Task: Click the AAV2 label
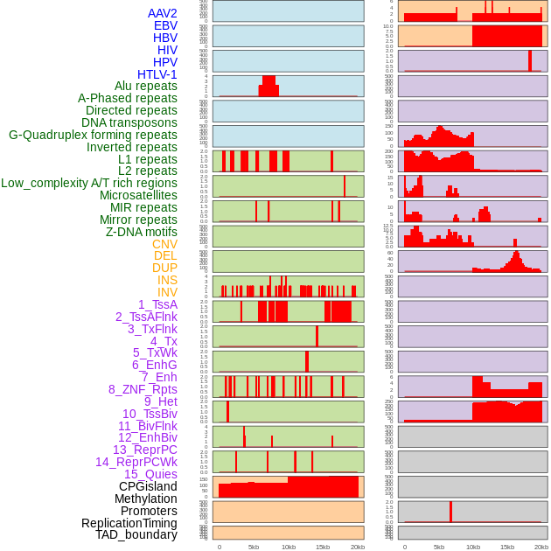point(163,13)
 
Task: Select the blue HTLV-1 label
point(157,74)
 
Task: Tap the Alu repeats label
point(146,86)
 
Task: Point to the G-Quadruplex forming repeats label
point(93,135)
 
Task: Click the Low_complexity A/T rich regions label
point(89,183)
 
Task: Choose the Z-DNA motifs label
point(142,232)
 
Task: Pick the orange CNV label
point(164,244)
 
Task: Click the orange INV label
point(167,292)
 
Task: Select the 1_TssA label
point(157,304)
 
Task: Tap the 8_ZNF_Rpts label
point(143,389)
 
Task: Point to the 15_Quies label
point(150,474)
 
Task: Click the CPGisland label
point(148,486)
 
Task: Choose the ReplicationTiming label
point(129,523)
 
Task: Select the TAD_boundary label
point(136,534)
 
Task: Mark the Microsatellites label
point(138,195)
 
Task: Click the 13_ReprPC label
point(145,450)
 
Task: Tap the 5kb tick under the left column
point(254,547)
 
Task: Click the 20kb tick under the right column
point(541,547)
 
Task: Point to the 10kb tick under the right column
point(473,547)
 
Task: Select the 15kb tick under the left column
point(323,547)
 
